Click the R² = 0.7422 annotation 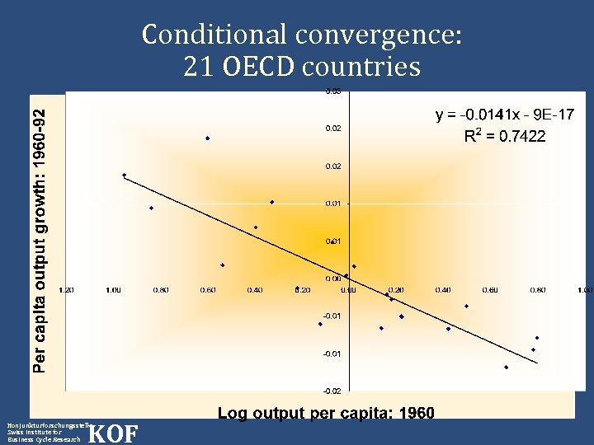[504, 135]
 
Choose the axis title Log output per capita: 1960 [326, 413]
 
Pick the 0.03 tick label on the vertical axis [331, 91]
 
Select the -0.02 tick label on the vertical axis [331, 391]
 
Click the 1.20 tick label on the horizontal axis [67, 290]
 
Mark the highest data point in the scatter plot [208, 138]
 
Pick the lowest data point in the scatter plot [506, 368]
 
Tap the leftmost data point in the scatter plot [125, 176]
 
